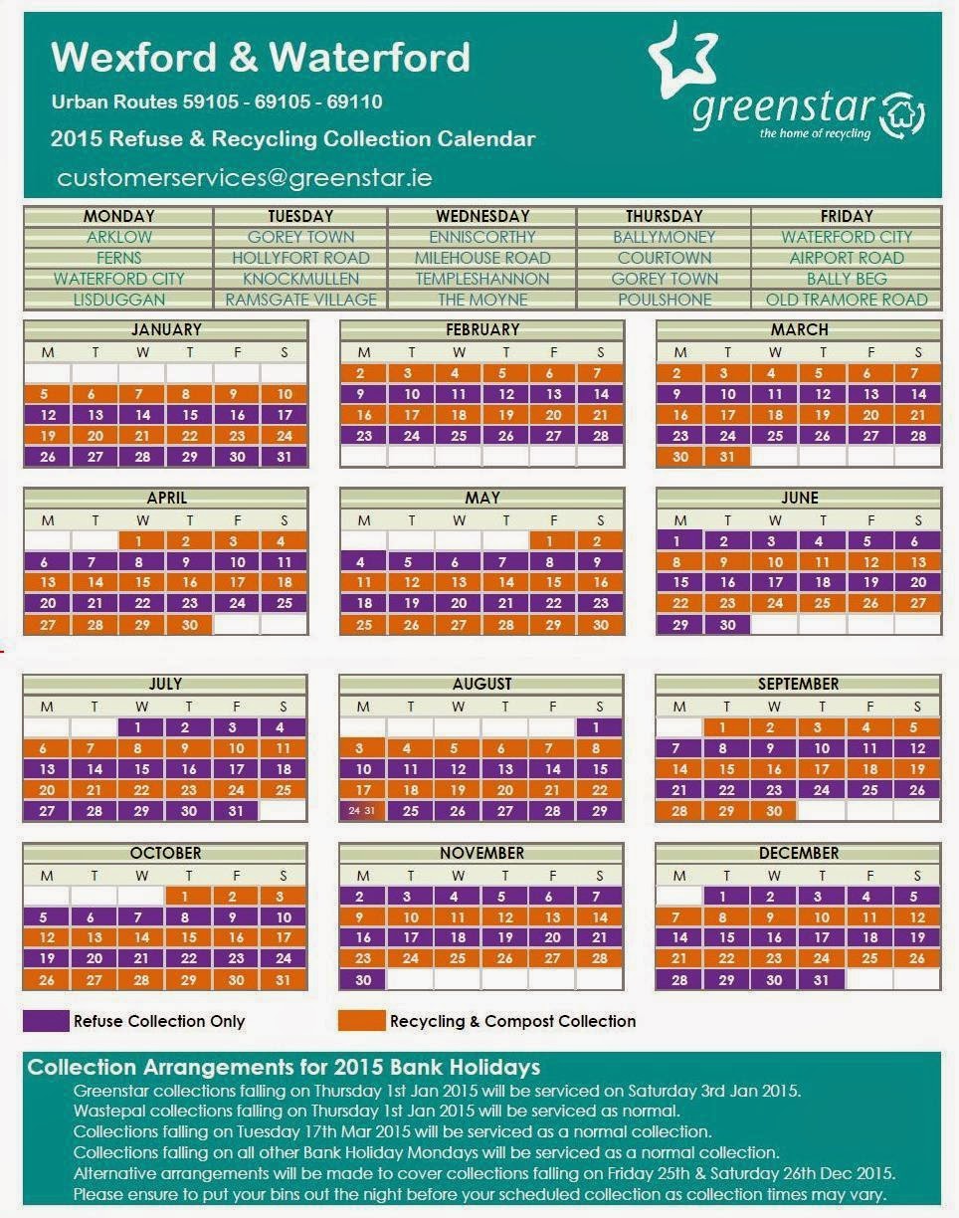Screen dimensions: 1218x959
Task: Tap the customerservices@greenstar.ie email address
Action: pos(245,178)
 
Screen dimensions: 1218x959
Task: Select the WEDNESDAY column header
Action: pos(481,216)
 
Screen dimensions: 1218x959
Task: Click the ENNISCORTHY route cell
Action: pos(481,237)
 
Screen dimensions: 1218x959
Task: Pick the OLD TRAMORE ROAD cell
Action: pos(846,300)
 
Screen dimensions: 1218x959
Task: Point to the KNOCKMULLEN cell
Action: pos(299,279)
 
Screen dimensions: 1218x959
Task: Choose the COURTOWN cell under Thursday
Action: pos(664,258)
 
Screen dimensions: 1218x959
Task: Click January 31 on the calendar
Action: pos(285,457)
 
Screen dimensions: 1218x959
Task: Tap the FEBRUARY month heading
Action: pos(481,329)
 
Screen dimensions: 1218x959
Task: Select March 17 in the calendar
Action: pos(727,415)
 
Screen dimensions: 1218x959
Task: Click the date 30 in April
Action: pos(190,625)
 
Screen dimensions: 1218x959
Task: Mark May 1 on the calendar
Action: pos(553,541)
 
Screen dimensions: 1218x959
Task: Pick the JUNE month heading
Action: pos(799,498)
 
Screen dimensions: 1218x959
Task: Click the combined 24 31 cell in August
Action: pos(363,811)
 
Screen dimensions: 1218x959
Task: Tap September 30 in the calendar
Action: pos(775,811)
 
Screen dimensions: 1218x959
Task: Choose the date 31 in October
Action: pos(285,980)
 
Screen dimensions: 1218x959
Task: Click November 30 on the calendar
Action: pos(363,980)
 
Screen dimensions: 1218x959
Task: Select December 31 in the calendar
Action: pos(822,980)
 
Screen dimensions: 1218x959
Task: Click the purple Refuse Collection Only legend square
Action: pos(46,1021)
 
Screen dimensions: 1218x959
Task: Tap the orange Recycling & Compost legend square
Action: pos(361,1021)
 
